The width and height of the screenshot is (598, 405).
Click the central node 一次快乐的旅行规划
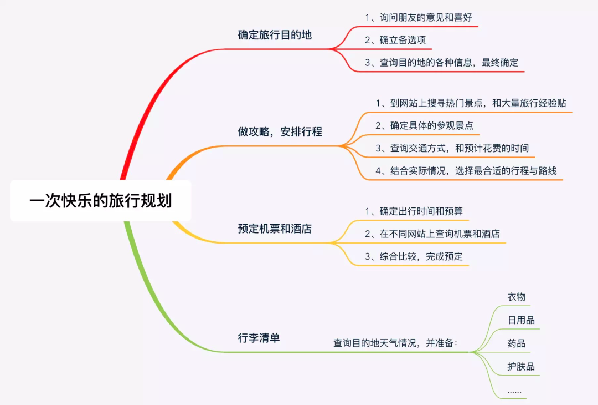click(x=101, y=200)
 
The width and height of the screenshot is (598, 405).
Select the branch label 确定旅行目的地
click(x=275, y=35)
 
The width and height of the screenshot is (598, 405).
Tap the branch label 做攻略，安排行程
click(x=280, y=132)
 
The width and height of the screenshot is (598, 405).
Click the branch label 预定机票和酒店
click(x=275, y=229)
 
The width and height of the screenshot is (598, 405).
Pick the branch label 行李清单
click(x=259, y=337)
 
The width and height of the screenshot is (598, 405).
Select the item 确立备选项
click(x=395, y=40)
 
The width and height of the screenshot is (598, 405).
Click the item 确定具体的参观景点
click(x=424, y=125)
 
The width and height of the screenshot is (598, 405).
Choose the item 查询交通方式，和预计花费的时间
click(x=452, y=148)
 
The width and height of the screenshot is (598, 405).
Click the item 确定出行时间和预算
click(x=414, y=211)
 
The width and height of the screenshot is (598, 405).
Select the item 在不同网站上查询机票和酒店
click(x=432, y=234)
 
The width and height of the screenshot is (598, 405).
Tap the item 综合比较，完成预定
click(x=414, y=256)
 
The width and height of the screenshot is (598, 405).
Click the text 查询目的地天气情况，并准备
click(x=395, y=343)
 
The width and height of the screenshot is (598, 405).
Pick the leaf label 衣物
click(x=516, y=297)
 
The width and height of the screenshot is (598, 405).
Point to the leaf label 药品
click(x=516, y=343)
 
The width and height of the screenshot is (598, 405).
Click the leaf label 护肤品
click(x=521, y=367)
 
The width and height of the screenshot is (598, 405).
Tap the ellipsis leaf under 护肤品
click(x=514, y=391)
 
